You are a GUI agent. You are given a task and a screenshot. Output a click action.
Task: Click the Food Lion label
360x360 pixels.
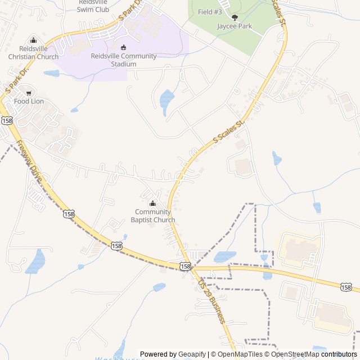click(29, 101)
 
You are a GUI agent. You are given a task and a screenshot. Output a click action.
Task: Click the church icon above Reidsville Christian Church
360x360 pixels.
click(33, 40)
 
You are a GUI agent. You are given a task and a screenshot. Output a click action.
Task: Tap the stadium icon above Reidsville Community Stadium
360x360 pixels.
click(124, 47)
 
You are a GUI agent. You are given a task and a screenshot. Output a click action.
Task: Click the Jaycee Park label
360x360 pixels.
click(235, 26)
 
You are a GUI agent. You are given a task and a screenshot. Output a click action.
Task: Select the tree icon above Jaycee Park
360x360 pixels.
click(235, 17)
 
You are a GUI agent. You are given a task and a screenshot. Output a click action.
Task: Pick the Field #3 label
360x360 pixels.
click(210, 11)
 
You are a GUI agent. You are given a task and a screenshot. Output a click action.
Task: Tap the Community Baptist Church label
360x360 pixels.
click(152, 216)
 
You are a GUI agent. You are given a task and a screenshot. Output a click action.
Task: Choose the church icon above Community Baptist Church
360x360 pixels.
click(152, 204)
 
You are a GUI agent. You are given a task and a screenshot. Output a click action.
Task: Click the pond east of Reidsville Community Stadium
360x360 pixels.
click(167, 100)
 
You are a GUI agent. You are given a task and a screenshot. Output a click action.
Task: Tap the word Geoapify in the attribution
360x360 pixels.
click(192, 354)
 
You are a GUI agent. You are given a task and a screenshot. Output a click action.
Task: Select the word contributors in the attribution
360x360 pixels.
click(339, 354)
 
